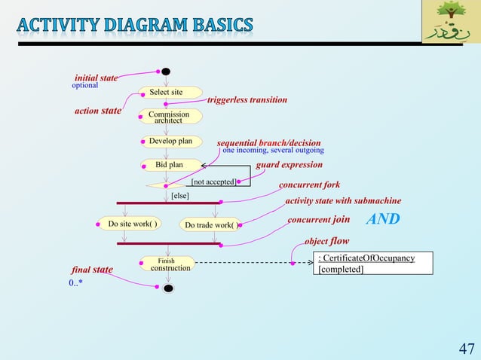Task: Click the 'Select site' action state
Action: pos(167,93)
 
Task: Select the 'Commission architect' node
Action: pos(169,117)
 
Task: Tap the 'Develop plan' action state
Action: pos(170,141)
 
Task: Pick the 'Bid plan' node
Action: pos(170,164)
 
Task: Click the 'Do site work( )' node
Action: pos(132,224)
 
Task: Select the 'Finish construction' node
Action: pos(167,264)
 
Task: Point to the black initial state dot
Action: pos(166,72)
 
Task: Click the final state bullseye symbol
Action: pos(169,288)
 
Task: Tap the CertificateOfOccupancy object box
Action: pos(372,264)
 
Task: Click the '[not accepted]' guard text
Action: pos(213,182)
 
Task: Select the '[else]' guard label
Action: pos(179,195)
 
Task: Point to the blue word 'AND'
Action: pos(383,220)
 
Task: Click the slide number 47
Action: pos(466,348)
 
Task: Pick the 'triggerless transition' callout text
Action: pos(247,99)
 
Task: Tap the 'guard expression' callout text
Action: pos(289,164)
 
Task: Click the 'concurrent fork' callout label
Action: pos(309,185)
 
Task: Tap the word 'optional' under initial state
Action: pos(84,86)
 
